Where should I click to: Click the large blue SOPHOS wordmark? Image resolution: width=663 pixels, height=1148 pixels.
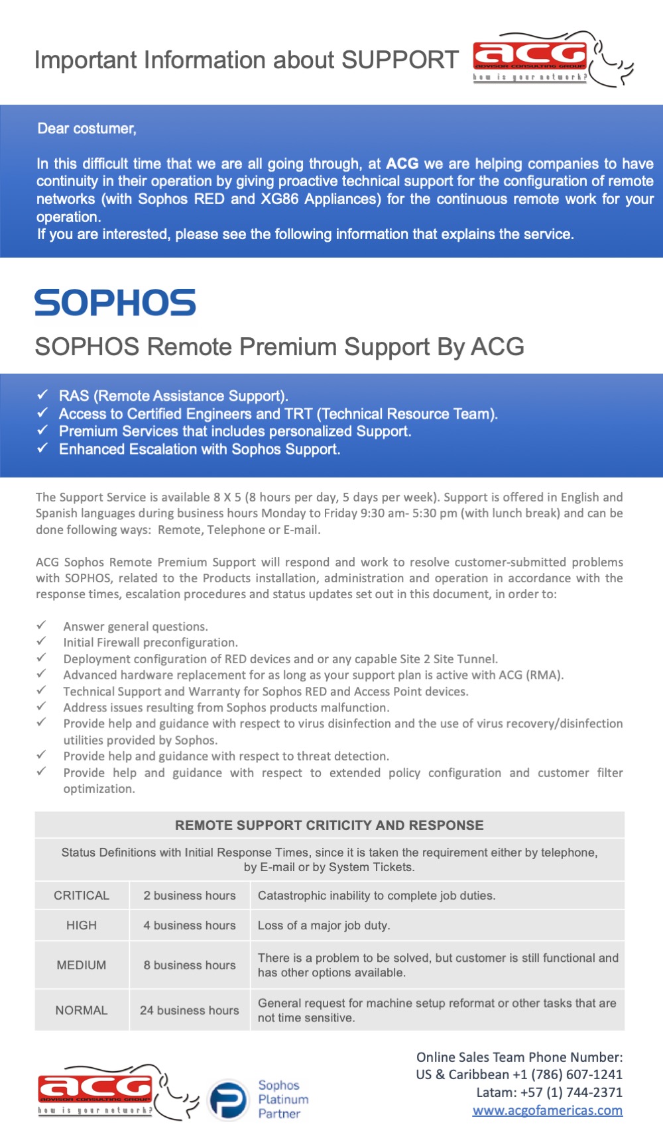115,303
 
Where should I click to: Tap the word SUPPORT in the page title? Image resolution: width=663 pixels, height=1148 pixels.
400,60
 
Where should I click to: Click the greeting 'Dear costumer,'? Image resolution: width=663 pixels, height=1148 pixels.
87,129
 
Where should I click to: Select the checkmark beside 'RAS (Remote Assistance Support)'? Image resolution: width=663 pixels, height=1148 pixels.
42,395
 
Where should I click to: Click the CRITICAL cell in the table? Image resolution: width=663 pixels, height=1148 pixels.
82,896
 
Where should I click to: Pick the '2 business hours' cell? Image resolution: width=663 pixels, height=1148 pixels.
190,896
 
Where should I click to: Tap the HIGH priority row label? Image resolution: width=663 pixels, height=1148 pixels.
82,925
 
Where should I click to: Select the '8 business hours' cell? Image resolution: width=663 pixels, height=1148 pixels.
190,965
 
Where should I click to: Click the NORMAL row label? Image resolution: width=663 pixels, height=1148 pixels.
82,1010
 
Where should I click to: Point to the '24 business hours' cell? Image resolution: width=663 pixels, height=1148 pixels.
190,1010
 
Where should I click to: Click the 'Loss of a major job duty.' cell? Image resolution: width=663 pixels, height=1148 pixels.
324,925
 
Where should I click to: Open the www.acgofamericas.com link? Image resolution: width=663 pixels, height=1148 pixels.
547,1110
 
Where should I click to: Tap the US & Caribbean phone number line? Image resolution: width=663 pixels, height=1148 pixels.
519,1074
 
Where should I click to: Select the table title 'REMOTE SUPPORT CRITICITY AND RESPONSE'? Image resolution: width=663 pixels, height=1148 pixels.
330,825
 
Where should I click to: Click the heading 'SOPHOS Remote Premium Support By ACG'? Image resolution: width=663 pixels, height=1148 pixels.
279,346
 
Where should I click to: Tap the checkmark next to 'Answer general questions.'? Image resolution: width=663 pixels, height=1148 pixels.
42,625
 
